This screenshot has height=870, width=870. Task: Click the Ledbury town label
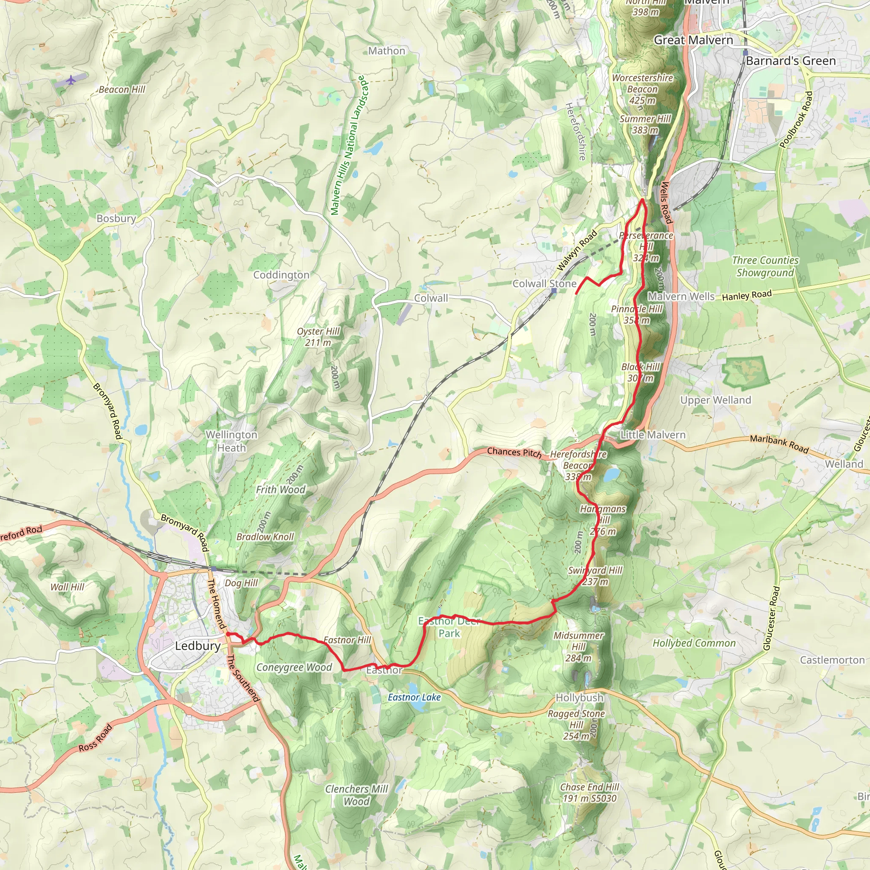pyautogui.click(x=198, y=646)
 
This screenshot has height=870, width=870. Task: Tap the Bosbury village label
pyautogui.click(x=116, y=218)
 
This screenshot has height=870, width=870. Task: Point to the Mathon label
pyautogui.click(x=387, y=51)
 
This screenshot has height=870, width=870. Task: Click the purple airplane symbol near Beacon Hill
pyautogui.click(x=71, y=80)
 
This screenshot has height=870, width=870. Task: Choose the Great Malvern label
pyautogui.click(x=693, y=40)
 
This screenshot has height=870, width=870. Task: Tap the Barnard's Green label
pyautogui.click(x=790, y=61)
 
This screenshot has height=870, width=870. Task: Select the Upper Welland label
pyautogui.click(x=715, y=400)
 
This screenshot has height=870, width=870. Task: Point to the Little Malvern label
pyautogui.click(x=652, y=435)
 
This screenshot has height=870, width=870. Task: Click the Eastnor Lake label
pyautogui.click(x=414, y=698)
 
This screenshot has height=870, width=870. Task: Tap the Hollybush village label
pyautogui.click(x=579, y=698)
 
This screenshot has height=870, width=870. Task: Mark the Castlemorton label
pyautogui.click(x=832, y=660)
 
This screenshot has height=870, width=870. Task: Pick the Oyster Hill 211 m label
pyautogui.click(x=318, y=337)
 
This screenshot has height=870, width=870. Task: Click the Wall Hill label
pyautogui.click(x=67, y=587)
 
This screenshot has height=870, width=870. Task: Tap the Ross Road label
pyautogui.click(x=95, y=737)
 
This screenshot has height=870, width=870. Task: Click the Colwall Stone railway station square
pyautogui.click(x=554, y=291)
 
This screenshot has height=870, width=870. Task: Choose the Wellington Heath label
pyautogui.click(x=232, y=441)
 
